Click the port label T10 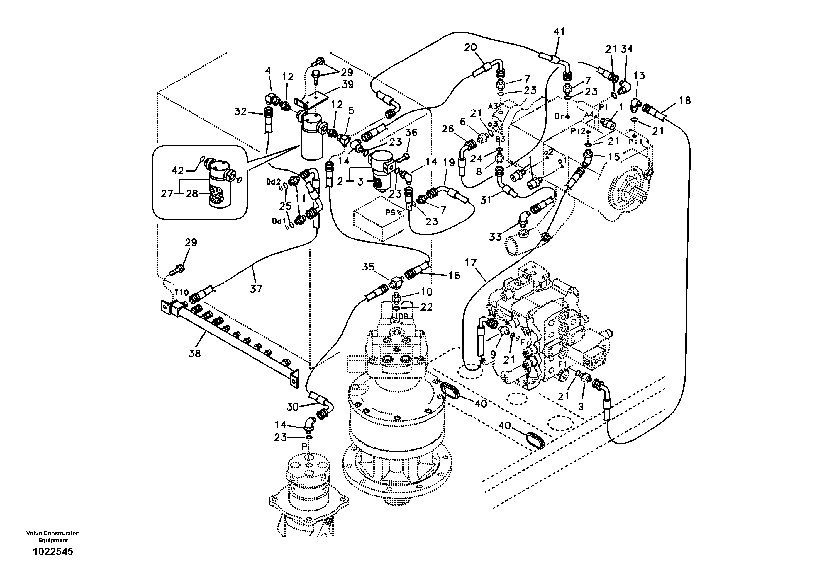(181, 292)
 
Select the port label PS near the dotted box (390, 212)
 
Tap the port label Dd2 (273, 182)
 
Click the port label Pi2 (578, 132)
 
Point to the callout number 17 (470, 263)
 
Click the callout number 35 (368, 267)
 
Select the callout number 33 (495, 237)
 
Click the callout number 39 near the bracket (347, 84)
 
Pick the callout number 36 (411, 133)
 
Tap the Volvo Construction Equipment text (53, 536)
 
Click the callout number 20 (470, 47)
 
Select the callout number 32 (240, 112)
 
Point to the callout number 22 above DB (426, 307)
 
